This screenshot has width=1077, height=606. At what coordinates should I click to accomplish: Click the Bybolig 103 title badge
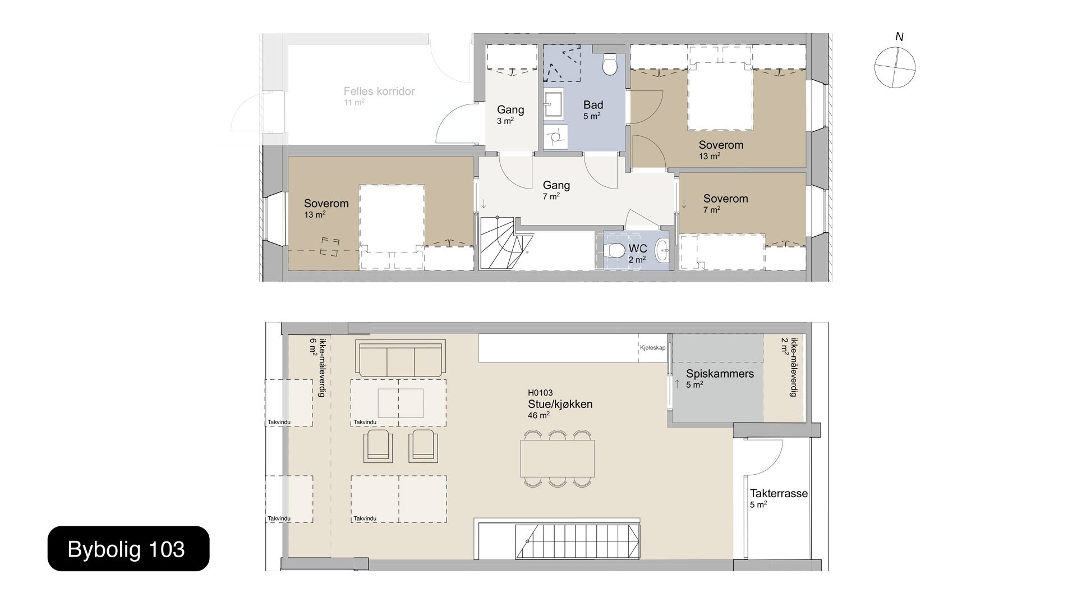(x=128, y=549)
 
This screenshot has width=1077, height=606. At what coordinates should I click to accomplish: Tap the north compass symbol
(x=895, y=67)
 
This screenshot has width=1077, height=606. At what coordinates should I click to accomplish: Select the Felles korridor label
(x=379, y=91)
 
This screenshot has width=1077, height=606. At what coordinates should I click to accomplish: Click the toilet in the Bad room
(x=609, y=65)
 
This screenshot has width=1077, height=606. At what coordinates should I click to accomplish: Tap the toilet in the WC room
(x=616, y=250)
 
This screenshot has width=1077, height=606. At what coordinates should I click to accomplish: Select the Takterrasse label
(x=779, y=493)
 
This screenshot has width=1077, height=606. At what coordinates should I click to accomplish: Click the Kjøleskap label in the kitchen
(x=652, y=348)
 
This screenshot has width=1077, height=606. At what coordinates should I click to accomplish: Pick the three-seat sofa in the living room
(x=401, y=359)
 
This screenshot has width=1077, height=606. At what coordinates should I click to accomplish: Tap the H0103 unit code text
(x=541, y=393)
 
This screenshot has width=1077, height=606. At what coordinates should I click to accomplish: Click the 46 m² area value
(x=538, y=415)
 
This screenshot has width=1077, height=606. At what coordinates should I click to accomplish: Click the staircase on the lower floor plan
(x=578, y=541)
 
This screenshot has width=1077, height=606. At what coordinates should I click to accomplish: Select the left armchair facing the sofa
(x=379, y=446)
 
